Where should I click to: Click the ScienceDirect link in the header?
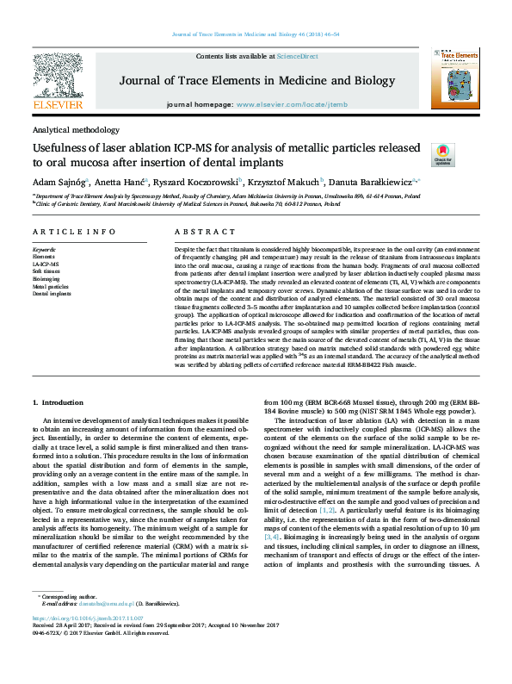tap(297, 56)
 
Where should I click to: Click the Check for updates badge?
tap(442, 155)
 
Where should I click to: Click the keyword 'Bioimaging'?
tap(46, 279)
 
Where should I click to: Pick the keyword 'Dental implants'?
tap(52, 294)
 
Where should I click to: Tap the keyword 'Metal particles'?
tap(51, 286)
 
